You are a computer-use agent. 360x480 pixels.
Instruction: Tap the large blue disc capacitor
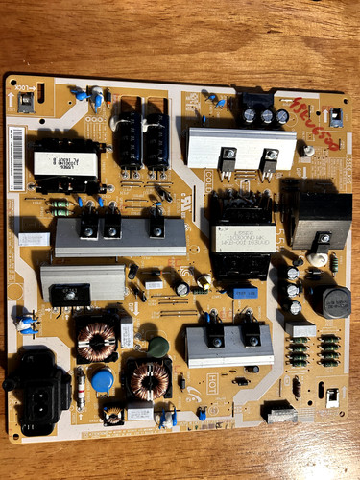[103, 373]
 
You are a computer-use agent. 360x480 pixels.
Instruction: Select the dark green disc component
[158, 347]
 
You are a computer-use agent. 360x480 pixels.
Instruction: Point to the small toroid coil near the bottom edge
[112, 415]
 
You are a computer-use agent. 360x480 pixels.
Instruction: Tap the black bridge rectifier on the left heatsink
[64, 292]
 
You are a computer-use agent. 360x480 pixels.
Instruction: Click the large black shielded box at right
[320, 220]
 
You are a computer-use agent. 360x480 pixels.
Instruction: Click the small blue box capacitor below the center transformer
[245, 292]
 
